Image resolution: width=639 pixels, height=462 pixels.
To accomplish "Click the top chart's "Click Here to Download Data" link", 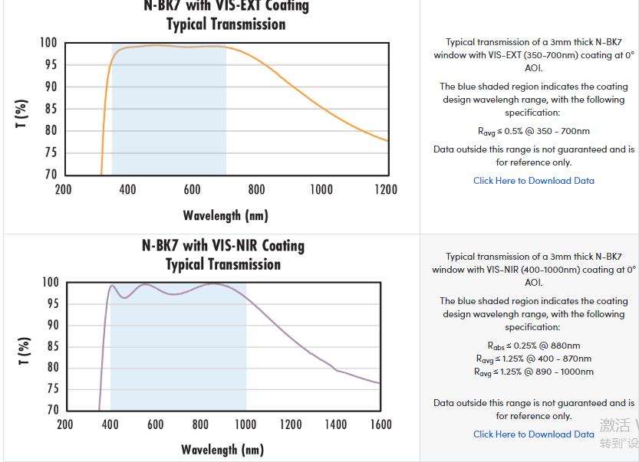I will [533, 181].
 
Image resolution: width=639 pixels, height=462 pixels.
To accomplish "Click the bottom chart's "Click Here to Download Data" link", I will [533, 434].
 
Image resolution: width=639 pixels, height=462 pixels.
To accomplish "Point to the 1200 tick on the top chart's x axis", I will [386, 189].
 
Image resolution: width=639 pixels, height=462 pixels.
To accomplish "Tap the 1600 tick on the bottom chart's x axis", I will [380, 424].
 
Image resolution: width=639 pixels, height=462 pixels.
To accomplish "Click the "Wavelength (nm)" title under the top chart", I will [226, 215].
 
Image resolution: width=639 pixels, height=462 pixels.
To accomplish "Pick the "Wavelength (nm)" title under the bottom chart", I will [222, 449].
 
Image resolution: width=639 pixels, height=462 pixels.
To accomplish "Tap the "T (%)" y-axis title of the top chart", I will [22, 113].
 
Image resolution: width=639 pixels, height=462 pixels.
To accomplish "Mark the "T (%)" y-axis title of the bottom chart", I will [24, 352].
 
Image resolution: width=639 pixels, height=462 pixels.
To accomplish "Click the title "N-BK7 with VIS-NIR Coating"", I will [223, 246].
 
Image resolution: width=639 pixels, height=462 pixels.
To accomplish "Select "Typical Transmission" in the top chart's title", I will [226, 25].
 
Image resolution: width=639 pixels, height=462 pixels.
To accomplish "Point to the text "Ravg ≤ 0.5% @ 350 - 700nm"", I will [533, 131].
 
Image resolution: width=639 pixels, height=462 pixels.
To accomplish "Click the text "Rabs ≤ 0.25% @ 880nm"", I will [533, 346].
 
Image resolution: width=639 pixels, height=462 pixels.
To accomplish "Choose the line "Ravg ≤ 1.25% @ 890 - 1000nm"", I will [533, 372].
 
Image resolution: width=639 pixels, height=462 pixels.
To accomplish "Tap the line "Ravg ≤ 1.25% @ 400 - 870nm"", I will [533, 359].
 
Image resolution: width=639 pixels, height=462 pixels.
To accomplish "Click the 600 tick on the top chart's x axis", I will [192, 189].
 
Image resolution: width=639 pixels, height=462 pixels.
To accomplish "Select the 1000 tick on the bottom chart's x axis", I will [245, 424].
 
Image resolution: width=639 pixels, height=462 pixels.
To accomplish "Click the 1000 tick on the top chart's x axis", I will [321, 189].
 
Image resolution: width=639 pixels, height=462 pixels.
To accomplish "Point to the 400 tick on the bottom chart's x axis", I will [110, 424].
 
